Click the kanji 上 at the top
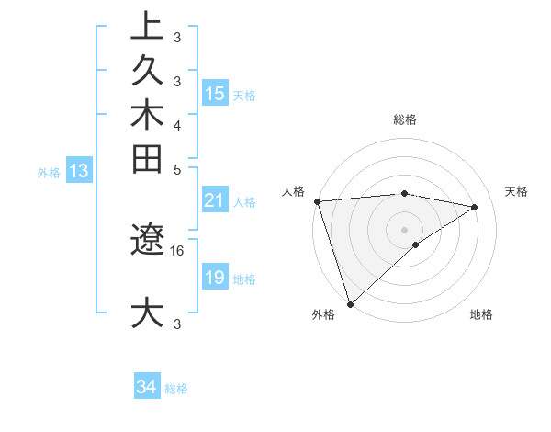point(147,27)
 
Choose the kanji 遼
point(147,240)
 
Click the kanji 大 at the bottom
point(147,313)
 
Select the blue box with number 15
point(215,94)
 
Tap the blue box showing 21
point(215,201)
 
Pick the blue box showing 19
point(215,278)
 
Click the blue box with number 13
point(79,171)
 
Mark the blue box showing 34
point(147,388)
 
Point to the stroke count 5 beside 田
point(177,169)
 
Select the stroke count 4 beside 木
point(177,125)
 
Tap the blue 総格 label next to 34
point(176,389)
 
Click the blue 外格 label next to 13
point(49,172)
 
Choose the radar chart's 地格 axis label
point(481,314)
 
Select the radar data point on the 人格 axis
point(317,201)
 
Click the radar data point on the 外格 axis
point(350,303)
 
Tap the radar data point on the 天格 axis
point(475,207)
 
